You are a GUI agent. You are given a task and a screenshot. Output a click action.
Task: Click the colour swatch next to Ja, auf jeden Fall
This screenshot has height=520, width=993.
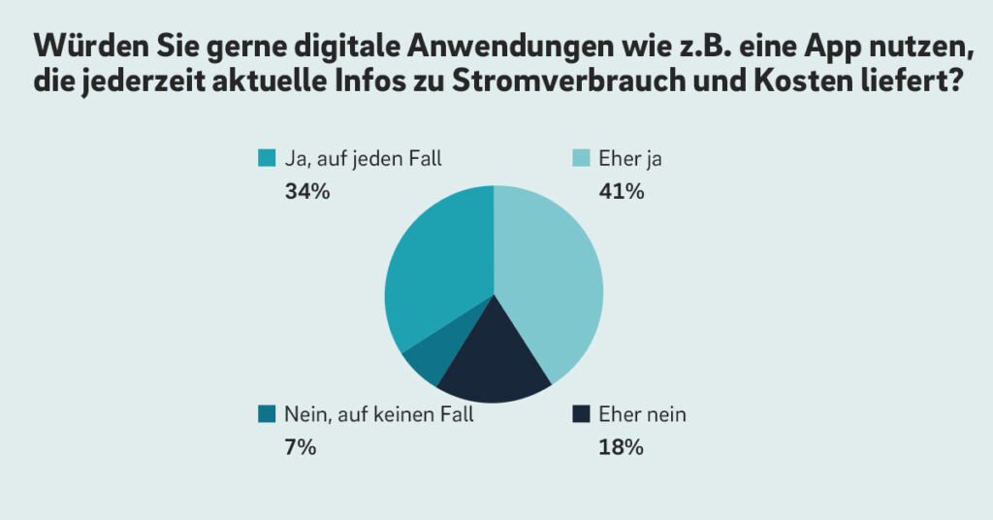pos(267,158)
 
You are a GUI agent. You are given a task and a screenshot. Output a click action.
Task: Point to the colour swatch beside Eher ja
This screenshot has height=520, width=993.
pos(581,158)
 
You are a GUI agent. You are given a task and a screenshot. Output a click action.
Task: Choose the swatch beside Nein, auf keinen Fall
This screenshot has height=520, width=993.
pos(267,414)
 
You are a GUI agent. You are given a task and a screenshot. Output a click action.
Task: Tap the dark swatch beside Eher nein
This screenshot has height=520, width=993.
pos(581,414)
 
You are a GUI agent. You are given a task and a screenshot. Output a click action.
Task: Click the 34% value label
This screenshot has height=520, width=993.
pos(307,191)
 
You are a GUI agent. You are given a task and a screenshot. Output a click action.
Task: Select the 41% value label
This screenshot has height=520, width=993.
pos(622,191)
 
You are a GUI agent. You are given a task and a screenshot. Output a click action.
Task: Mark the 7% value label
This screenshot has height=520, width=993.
pos(301,447)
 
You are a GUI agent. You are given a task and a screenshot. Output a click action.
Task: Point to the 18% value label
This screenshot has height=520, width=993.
pos(621,447)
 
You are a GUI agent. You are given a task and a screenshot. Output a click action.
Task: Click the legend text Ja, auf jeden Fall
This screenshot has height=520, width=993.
pos(363,158)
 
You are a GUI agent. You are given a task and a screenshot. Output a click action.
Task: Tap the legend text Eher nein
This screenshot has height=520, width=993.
pos(642,414)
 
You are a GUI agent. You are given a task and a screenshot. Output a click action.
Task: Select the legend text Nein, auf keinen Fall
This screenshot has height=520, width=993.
pos(379,415)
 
